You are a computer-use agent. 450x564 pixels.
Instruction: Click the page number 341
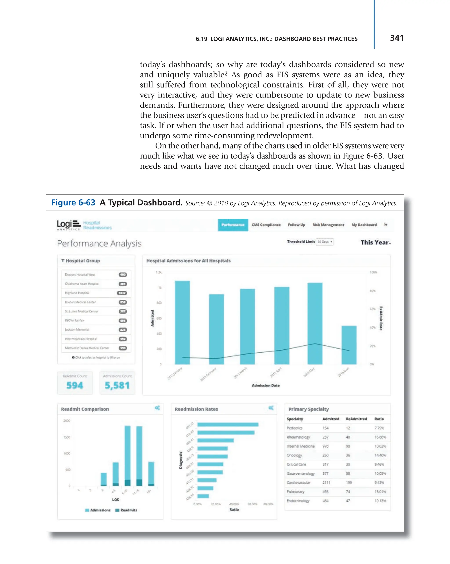pyautogui.click(x=396, y=38)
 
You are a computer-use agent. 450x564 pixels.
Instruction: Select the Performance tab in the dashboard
pyautogui.click(x=233, y=225)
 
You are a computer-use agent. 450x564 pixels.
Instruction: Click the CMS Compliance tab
pyautogui.click(x=266, y=225)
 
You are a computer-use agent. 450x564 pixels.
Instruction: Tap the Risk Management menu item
pyautogui.click(x=328, y=225)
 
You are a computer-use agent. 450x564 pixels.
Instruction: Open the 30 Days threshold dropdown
pyautogui.click(x=325, y=242)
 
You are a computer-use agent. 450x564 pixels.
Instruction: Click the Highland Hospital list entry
pyautogui.click(x=77, y=293)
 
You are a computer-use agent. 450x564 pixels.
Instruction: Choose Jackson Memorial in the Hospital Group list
pyautogui.click(x=77, y=329)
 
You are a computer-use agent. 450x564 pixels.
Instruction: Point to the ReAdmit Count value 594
pyautogui.click(x=75, y=385)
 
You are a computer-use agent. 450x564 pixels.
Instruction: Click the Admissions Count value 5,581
pyautogui.click(x=117, y=385)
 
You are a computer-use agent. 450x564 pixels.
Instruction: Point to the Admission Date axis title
pyautogui.click(x=265, y=385)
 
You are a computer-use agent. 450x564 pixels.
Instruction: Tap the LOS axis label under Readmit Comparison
pyautogui.click(x=115, y=500)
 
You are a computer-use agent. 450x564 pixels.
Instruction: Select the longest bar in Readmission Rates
pyautogui.click(x=227, y=425)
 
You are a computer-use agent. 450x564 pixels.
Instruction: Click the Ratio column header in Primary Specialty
pyautogui.click(x=379, y=419)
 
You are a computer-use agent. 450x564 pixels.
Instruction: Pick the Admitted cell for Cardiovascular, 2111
pyautogui.click(x=326, y=482)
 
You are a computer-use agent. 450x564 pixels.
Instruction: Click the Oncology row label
pyautogui.click(x=294, y=455)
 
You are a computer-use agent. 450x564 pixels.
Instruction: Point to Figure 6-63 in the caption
pyautogui.click(x=73, y=202)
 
